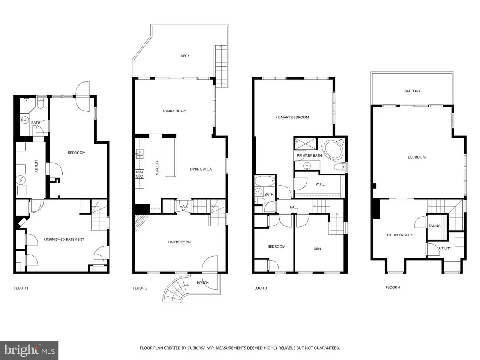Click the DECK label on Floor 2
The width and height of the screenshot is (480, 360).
pos(185,56)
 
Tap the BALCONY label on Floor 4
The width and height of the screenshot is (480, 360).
pos(412,91)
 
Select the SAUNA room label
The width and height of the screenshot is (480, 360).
pos(434,226)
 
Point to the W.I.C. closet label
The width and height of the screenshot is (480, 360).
pos(320,184)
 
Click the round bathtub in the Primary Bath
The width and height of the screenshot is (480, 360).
pos(333,150)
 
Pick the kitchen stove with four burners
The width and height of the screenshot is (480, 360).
pos(139,174)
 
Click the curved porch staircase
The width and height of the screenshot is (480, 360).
pos(175,288)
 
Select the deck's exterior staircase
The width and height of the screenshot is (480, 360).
pos(221,66)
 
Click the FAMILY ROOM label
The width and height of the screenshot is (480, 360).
pos(174,111)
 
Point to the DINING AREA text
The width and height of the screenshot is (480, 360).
pos(201,169)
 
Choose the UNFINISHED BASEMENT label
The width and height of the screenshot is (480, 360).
pos(64,239)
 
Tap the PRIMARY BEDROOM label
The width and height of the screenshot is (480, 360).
pos(292,117)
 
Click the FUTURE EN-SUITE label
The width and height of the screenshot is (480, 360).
pos(399,235)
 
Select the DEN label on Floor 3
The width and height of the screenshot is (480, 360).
pos(317,249)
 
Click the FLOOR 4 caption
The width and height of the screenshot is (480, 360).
pos(393,287)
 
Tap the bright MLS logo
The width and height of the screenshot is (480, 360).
pos(29,350)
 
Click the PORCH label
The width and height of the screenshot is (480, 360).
pos(202,283)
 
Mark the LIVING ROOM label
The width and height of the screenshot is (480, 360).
pos(180,242)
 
